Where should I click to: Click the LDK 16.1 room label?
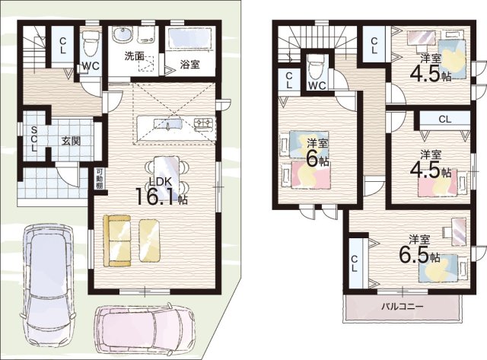[x=161, y=192]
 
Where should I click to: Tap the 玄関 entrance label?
[x=71, y=142]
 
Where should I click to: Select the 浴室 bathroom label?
[x=189, y=65]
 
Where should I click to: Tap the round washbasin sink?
[x=123, y=34]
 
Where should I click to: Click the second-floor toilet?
[x=317, y=67]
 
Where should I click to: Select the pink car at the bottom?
[x=145, y=330]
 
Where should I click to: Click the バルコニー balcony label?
[x=403, y=307]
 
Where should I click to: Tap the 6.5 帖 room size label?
[x=419, y=254]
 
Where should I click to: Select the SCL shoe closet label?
[x=33, y=139]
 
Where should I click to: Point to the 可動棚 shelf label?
[x=99, y=179]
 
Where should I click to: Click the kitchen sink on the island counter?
[x=167, y=124]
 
